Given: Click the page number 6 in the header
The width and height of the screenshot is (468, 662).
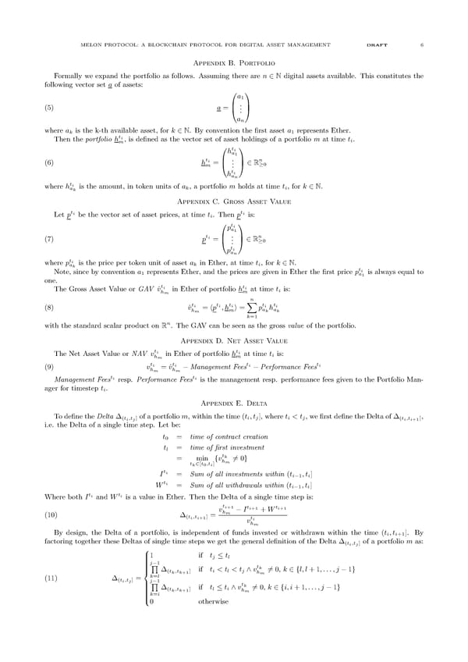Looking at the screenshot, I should pos(422,44).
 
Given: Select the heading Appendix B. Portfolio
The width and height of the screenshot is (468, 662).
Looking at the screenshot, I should pos(233,62).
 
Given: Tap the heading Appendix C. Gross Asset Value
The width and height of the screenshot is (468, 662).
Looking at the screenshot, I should pos(233,201).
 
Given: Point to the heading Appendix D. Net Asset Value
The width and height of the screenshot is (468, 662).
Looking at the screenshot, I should pos(233,341).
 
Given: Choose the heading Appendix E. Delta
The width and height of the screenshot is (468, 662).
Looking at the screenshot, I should pos(233,402).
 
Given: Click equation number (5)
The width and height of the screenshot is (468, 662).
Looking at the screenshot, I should pos(48,108).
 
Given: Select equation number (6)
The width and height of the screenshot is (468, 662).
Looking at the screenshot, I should pos(48,163).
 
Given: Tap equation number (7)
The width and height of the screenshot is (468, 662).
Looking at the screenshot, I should pos(48,239).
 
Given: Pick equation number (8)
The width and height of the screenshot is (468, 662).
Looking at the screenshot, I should pos(48,308).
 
